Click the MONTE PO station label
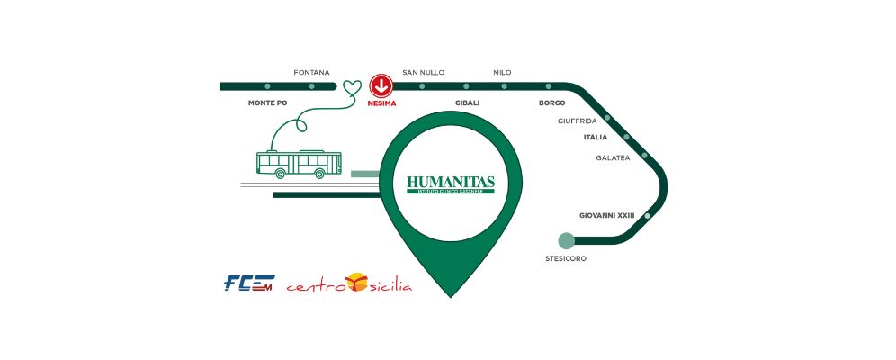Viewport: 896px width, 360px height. click(x=267, y=103)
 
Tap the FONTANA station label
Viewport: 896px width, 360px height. click(x=311, y=72)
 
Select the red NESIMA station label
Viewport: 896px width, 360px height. click(x=381, y=103)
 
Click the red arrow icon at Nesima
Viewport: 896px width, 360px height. click(x=381, y=86)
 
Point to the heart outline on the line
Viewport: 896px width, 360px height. click(x=352, y=87)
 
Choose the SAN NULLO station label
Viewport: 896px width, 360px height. click(x=423, y=72)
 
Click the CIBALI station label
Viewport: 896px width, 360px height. click(x=467, y=103)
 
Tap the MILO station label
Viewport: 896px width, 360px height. click(x=502, y=72)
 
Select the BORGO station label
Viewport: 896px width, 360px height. click(x=551, y=103)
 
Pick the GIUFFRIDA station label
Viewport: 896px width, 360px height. click(x=578, y=121)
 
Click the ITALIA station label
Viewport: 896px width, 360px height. click(x=595, y=138)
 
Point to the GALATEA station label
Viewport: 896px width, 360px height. click(x=613, y=157)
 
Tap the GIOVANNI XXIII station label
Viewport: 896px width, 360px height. click(x=607, y=215)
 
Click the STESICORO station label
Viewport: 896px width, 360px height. click(x=566, y=258)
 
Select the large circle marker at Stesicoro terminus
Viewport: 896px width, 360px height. click(x=566, y=240)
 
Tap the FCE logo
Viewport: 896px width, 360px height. click(x=248, y=284)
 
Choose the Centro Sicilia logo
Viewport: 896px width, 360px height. click(x=349, y=285)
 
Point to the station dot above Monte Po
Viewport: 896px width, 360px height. click(x=267, y=86)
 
